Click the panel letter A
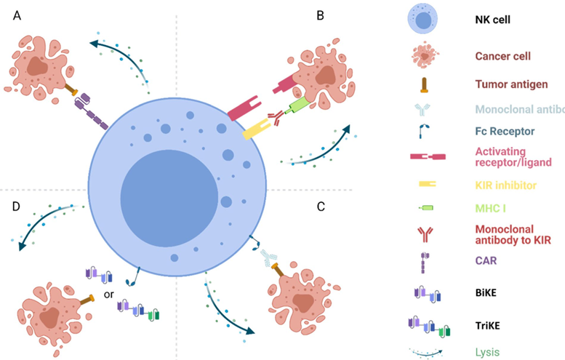(16, 14)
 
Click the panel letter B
(321, 14)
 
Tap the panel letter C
(321, 206)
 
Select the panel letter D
(17, 207)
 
